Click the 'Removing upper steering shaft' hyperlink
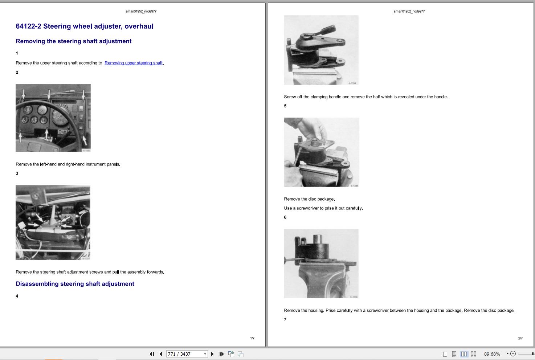(133, 63)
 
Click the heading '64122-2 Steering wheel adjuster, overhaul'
(85, 26)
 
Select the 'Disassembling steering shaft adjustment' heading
(75, 284)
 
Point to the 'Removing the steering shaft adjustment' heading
(73, 41)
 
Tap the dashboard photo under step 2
(53, 118)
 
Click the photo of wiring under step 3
(53, 222)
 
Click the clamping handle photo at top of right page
(321, 50)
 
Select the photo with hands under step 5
(321, 152)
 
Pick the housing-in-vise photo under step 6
(321, 263)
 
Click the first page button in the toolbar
(152, 354)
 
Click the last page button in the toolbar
(221, 354)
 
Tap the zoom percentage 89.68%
(492, 354)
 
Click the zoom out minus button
(513, 354)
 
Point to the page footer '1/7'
(252, 338)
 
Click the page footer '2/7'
(520, 338)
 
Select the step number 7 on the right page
(285, 320)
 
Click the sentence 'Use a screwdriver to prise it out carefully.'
(323, 208)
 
